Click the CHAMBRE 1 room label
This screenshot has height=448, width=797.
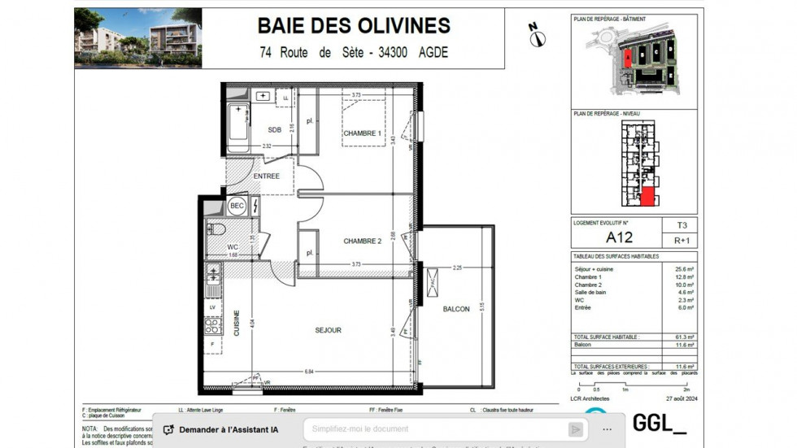point(362,133)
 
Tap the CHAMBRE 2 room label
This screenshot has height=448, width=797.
point(362,241)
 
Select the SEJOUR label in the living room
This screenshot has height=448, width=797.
point(328,330)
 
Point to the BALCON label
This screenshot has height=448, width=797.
point(456,309)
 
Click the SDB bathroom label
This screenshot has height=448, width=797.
point(274,129)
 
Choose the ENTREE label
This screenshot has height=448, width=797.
point(266,176)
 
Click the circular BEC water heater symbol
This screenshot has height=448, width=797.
point(237,207)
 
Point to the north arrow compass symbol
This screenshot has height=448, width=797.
point(537,35)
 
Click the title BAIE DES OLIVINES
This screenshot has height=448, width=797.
point(354,25)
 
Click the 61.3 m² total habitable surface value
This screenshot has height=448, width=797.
point(683,337)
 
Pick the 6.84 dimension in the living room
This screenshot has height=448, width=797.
point(310,372)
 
